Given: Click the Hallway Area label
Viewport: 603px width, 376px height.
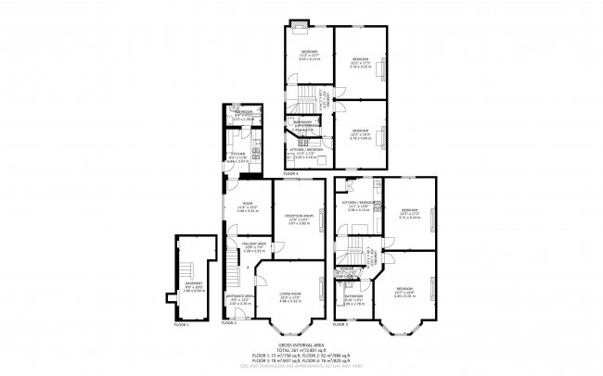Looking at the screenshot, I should click(242, 246).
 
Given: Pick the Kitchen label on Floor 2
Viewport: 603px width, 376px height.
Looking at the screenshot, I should click(237, 156).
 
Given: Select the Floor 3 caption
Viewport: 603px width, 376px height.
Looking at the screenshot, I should click(341, 324).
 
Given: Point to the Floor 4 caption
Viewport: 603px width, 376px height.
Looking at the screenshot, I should click(290, 173).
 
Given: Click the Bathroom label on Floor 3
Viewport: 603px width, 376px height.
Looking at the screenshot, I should click(353, 299).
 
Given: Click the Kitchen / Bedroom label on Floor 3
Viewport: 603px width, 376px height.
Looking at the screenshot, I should click(358, 206).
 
